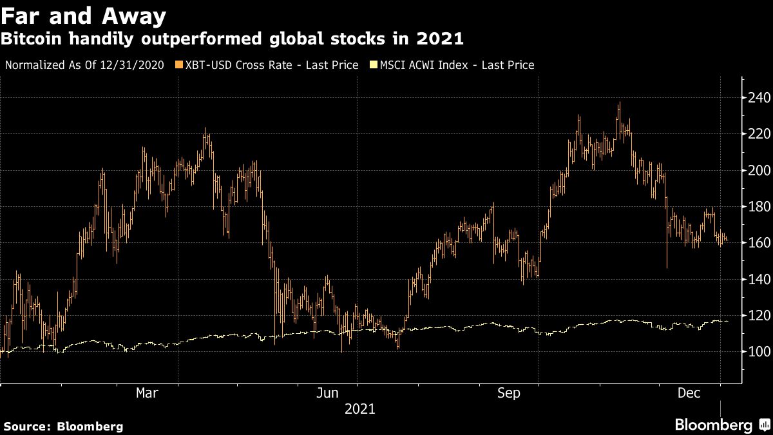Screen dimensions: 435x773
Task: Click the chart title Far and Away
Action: [x=84, y=15]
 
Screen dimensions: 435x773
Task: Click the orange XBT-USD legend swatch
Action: [x=179, y=65]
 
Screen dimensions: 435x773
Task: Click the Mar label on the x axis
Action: [x=148, y=393]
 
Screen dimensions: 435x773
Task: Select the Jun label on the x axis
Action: [x=329, y=393]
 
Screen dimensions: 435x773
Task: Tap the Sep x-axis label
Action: [x=509, y=393]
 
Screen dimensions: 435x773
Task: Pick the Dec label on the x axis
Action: [x=688, y=393]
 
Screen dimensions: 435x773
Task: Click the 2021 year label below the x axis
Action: [x=360, y=409]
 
